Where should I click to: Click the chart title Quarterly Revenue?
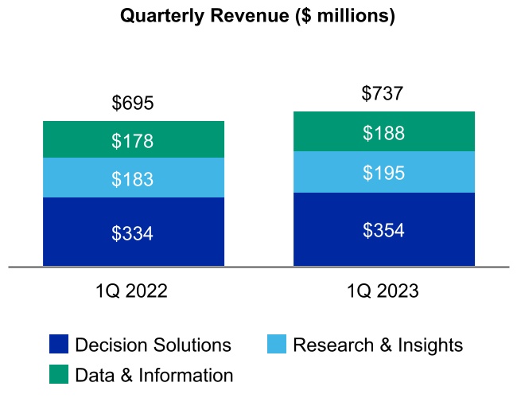pos(257,17)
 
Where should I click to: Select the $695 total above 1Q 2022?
pos(133,103)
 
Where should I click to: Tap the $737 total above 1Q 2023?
pos(383,93)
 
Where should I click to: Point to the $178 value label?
pos(133,142)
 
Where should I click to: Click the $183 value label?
pos(133,179)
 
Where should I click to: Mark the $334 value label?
pos(133,233)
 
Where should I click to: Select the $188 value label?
pos(383,133)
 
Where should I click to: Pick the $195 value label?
pos(383,173)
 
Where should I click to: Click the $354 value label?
pos(383,231)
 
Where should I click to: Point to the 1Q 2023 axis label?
pos(383,291)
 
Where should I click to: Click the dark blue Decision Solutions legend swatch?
pos(59,345)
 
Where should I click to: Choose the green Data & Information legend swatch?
pos(59,374)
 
